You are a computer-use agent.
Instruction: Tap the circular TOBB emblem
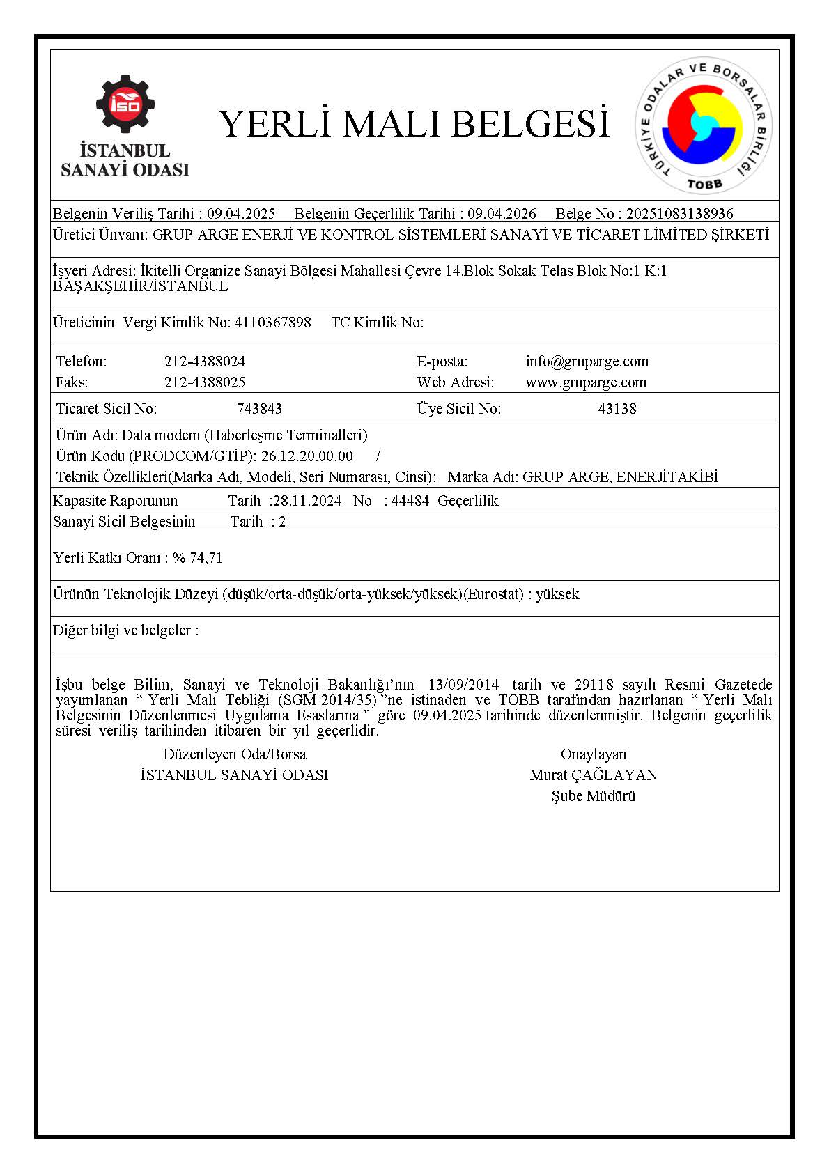tap(704, 126)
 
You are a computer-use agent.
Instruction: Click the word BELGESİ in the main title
tap(530, 124)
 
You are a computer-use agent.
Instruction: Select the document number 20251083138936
tap(679, 214)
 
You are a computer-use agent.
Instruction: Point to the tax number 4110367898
tap(273, 323)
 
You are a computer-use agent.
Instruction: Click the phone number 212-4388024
tap(205, 362)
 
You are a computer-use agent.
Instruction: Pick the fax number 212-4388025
tap(205, 382)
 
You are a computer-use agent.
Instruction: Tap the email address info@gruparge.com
tap(587, 362)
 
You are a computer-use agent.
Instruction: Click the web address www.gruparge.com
tap(586, 382)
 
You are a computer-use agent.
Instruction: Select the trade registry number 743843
tap(259, 409)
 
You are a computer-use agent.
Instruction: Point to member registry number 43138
tap(617, 409)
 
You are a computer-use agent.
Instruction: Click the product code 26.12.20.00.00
tap(307, 456)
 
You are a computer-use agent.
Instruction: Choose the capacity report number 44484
tap(410, 501)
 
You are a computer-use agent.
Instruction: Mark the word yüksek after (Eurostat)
tap(557, 594)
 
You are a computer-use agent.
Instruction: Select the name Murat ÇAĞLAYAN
tap(594, 775)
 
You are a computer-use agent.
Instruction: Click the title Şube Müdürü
tap(594, 796)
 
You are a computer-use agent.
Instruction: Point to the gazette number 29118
tap(594, 685)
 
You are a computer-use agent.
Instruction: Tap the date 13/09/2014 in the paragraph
tap(464, 685)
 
